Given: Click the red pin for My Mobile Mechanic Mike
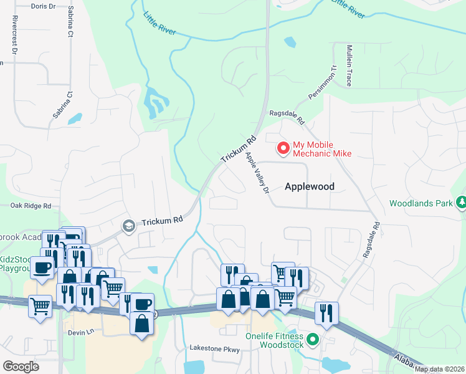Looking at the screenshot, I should (x=283, y=148).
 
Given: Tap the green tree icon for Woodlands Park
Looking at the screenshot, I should (x=461, y=203).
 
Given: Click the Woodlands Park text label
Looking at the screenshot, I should (x=422, y=203).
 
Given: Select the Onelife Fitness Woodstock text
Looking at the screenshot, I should (x=281, y=340).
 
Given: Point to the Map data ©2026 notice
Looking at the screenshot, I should (x=440, y=369).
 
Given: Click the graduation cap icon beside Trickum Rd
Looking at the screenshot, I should (x=129, y=225).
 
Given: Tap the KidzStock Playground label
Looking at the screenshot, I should (x=14, y=263).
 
